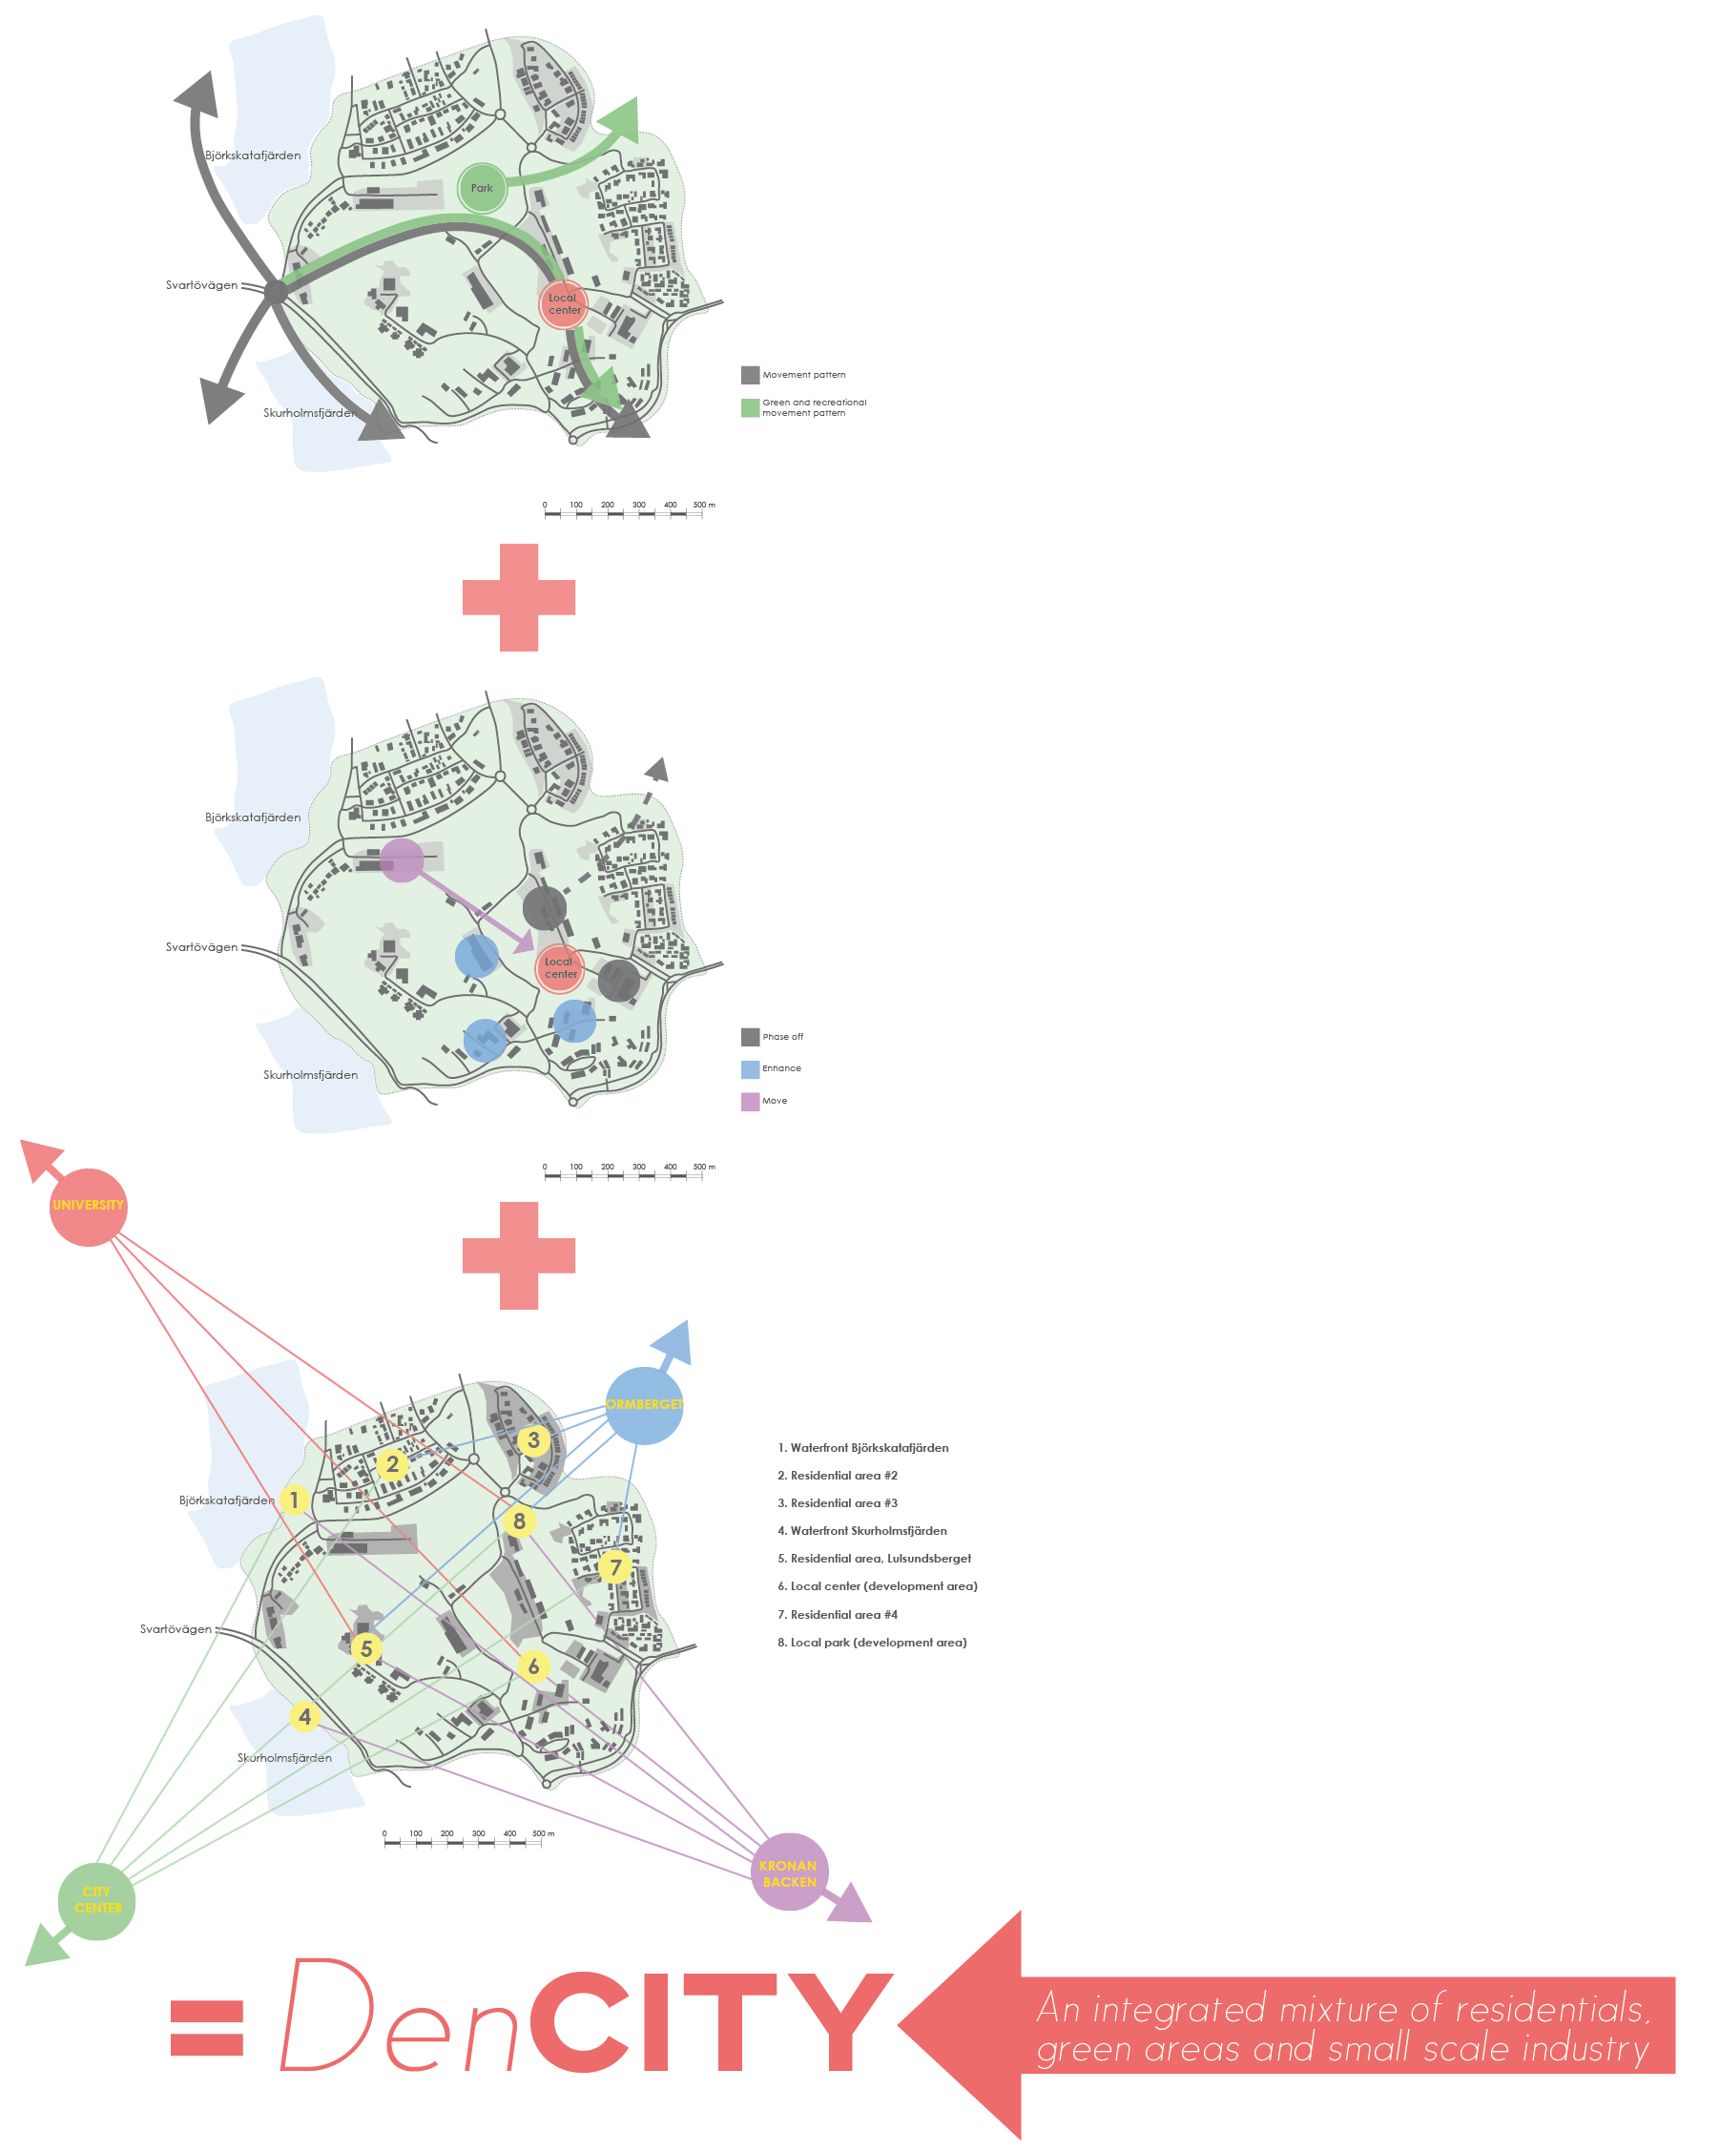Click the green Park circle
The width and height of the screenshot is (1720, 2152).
coord(482,188)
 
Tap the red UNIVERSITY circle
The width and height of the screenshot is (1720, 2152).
coord(88,1206)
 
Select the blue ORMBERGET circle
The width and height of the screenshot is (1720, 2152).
coord(644,1405)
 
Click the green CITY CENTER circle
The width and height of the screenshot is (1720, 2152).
coord(97,1900)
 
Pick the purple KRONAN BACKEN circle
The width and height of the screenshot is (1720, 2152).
coord(789,1873)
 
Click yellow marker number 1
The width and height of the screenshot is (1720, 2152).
coord(294,1500)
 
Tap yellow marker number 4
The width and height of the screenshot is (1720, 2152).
coord(304,1716)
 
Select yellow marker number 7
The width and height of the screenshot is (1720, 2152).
coord(615,1567)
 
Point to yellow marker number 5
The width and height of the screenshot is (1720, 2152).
coord(366,1648)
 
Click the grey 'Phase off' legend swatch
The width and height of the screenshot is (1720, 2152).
coord(750,1037)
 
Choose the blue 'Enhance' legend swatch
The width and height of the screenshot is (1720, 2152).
coord(750,1069)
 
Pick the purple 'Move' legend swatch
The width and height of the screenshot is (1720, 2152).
coord(750,1102)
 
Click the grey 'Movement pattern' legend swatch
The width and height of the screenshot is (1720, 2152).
coord(750,375)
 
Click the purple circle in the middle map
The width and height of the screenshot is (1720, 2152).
coord(402,860)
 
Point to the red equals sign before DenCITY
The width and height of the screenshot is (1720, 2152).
coord(207,2027)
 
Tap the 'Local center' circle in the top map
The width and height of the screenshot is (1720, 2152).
coord(563,304)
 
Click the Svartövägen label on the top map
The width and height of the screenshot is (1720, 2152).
coord(201,285)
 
